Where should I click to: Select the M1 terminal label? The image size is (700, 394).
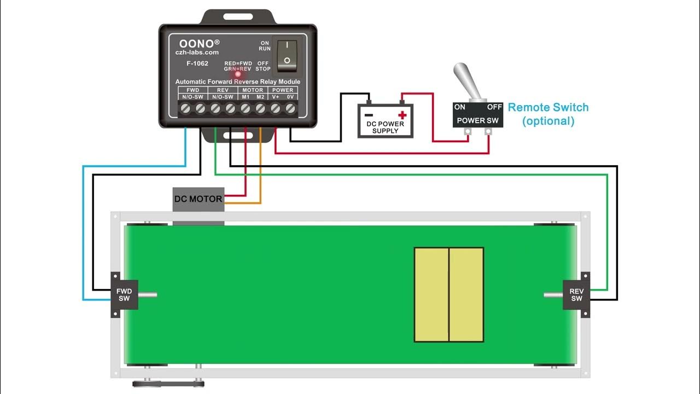coord(246,97)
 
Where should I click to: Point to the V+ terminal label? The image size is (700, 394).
coord(275,97)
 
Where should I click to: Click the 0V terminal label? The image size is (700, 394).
coord(290,97)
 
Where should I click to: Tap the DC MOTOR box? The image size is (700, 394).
coord(198,199)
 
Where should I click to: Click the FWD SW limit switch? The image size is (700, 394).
coord(125,295)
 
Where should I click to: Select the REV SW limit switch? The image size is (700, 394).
coord(576,295)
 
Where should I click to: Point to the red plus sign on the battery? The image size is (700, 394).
coord(402,115)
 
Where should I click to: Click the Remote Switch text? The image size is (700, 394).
coord(548,107)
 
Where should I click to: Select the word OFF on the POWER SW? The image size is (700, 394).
coord(494,107)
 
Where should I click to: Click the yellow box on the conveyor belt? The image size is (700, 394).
coord(448,294)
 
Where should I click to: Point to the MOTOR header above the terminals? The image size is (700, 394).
coord(253,90)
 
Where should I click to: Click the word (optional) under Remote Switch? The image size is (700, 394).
coord(548,121)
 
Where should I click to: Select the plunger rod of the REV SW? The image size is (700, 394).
coord(553,295)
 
